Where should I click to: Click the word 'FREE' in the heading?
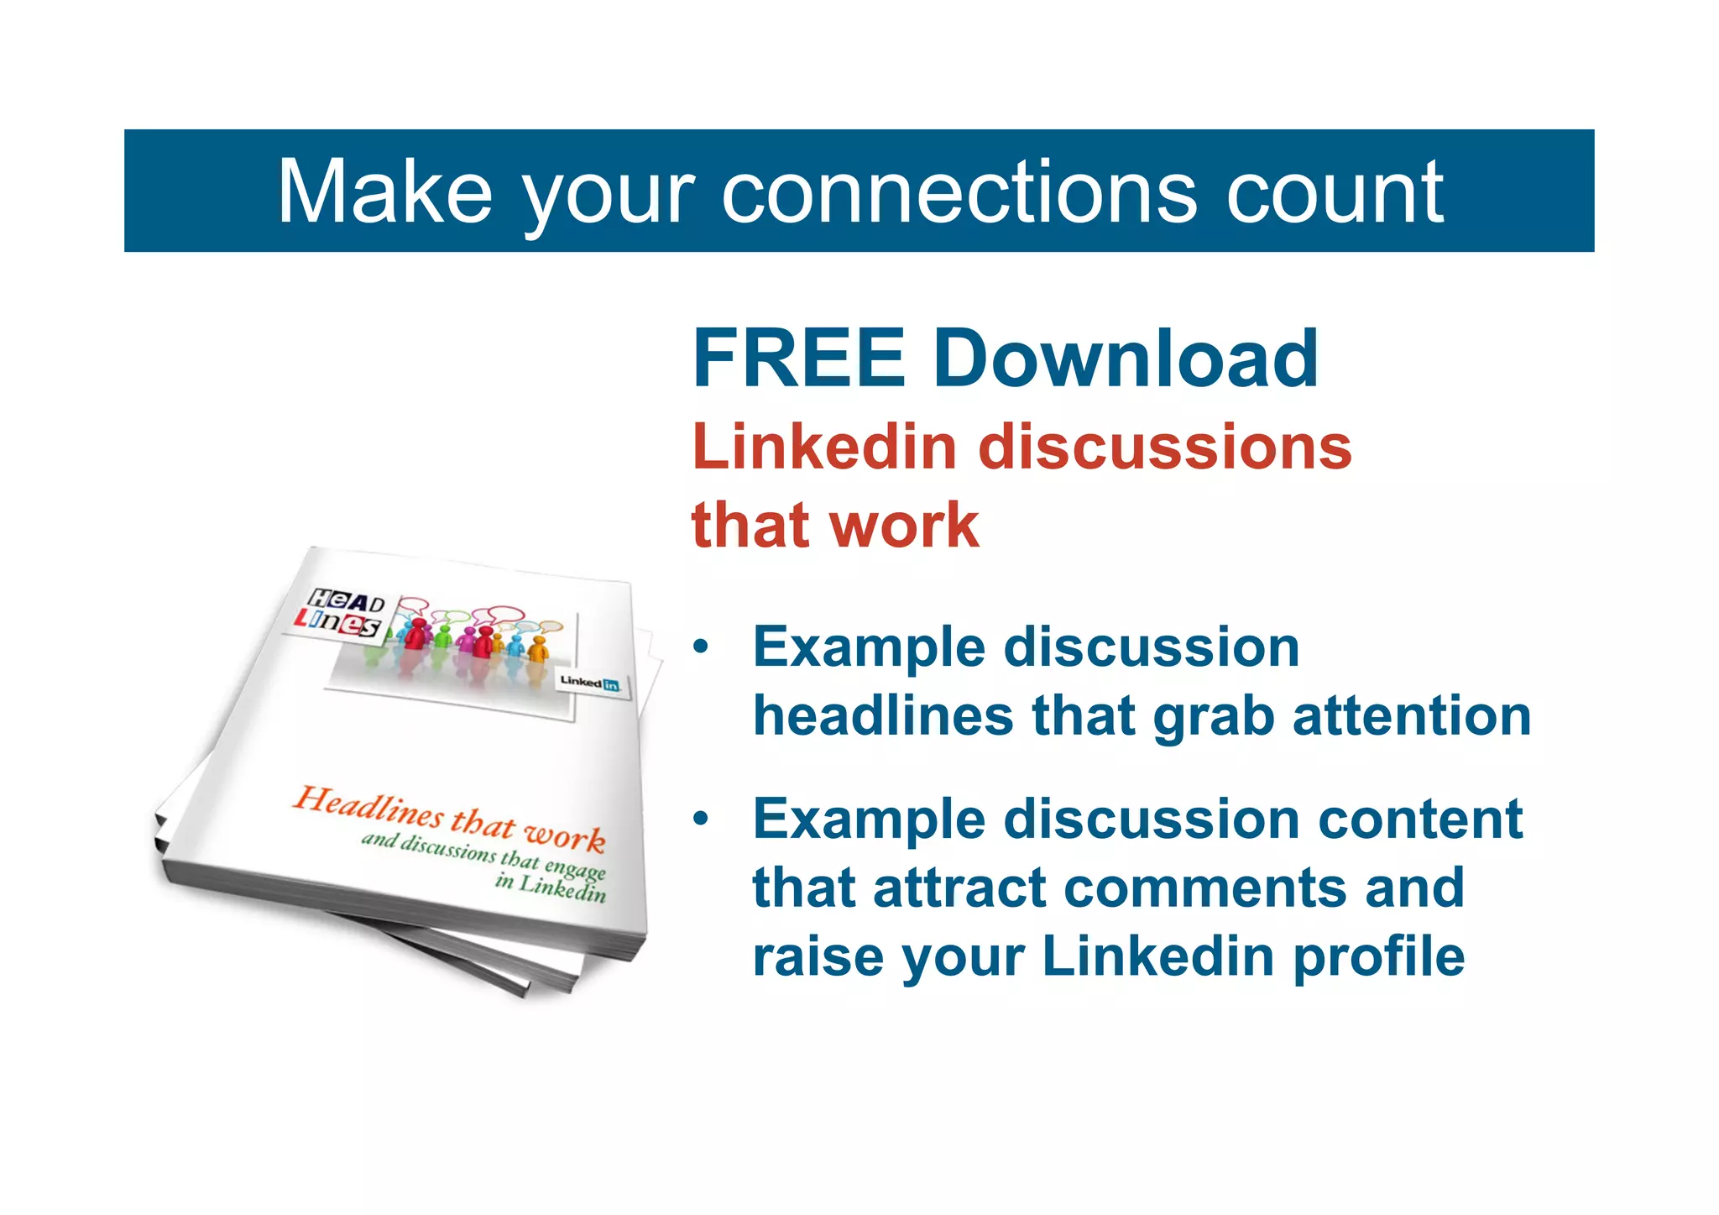click(x=798, y=359)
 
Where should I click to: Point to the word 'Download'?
click(x=1125, y=359)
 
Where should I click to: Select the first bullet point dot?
click(x=701, y=647)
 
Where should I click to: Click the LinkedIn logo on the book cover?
click(x=589, y=683)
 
